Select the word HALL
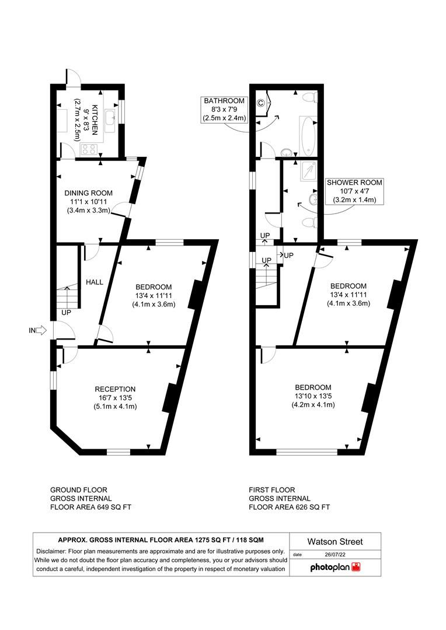pyautogui.click(x=95, y=282)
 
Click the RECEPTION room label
pyautogui.click(x=115, y=389)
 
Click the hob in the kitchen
pyautogui.click(x=90, y=148)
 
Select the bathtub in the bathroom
pyautogui.click(x=307, y=134)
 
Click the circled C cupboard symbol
pyautogui.click(x=261, y=104)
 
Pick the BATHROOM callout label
pyautogui.click(x=224, y=101)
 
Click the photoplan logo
pyautogui.click(x=335, y=567)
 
